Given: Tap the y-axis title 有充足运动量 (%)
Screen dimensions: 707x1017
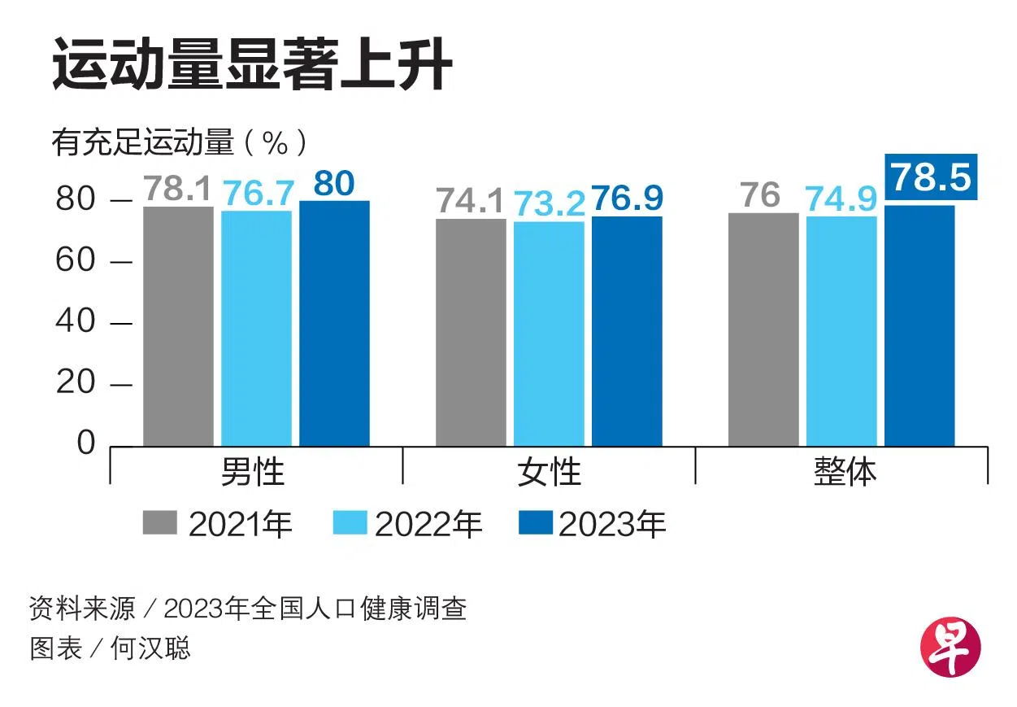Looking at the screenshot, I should tap(180, 143).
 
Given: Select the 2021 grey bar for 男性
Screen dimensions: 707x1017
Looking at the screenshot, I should tap(178, 325).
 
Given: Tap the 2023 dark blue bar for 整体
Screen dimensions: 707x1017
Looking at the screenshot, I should tap(919, 325).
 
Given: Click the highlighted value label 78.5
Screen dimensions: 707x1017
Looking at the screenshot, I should tap(930, 177).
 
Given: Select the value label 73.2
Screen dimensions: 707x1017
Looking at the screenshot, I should tap(549, 203).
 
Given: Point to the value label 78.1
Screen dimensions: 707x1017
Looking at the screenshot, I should tap(177, 189).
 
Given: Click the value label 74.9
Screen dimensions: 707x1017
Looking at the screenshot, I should tap(841, 199).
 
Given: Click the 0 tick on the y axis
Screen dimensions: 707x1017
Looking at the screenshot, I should tap(86, 444).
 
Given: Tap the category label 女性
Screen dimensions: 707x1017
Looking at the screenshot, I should tap(550, 472).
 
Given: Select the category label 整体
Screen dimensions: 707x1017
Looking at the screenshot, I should tap(845, 472).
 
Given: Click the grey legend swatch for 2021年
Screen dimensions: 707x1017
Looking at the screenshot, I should tap(159, 523).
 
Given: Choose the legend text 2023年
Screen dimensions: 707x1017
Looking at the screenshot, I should tap(612, 525).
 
